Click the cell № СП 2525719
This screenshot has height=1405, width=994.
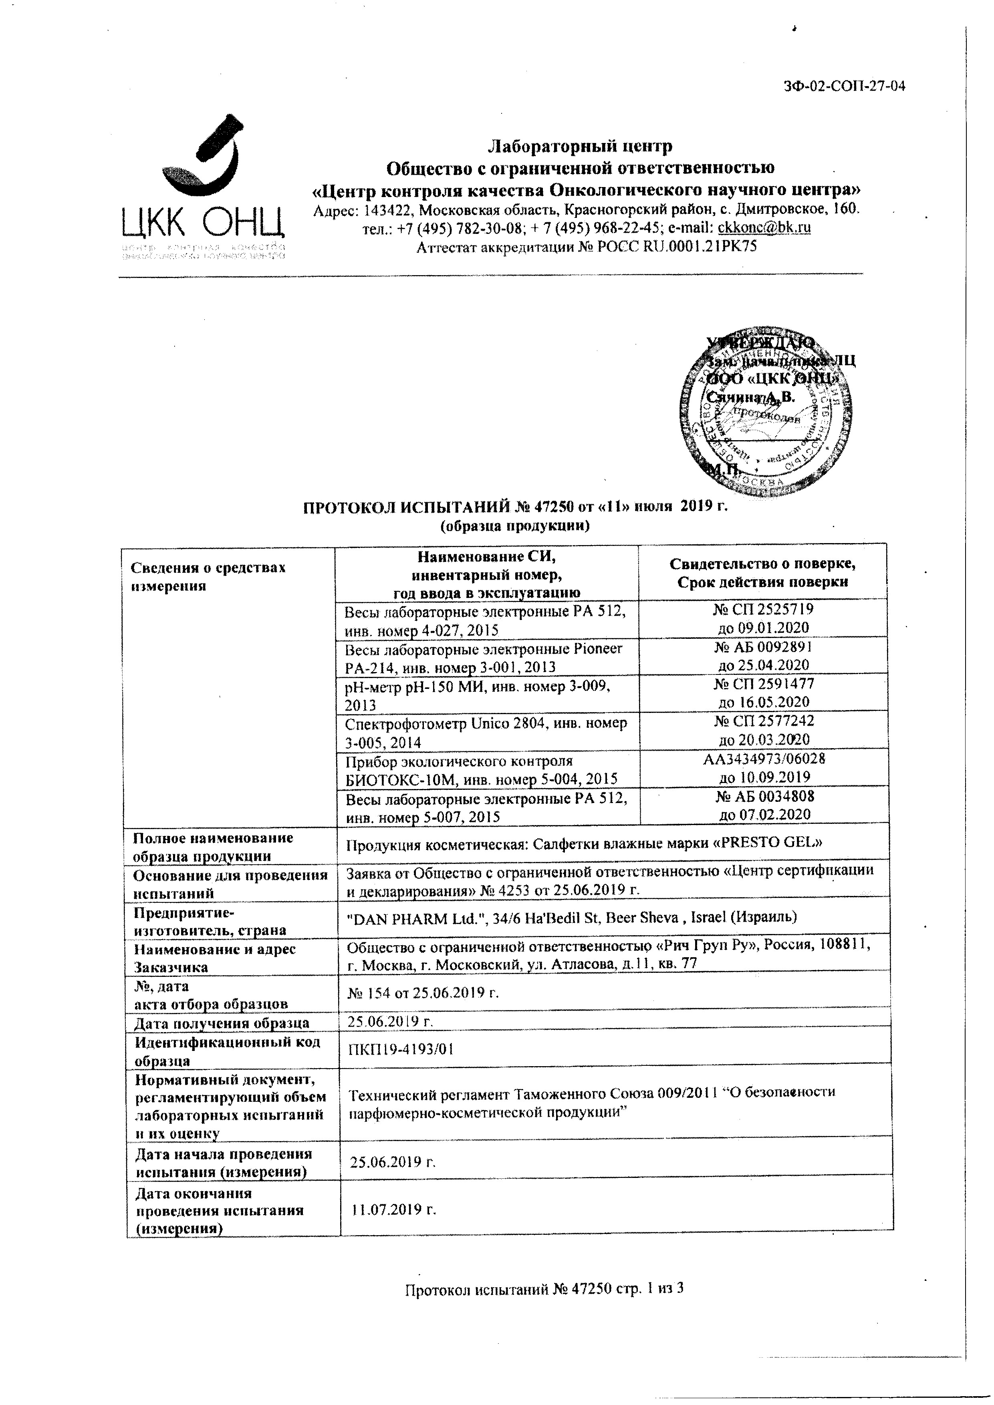tap(763, 618)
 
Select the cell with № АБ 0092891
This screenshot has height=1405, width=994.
tap(763, 655)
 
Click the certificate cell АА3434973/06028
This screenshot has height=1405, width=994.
tap(764, 768)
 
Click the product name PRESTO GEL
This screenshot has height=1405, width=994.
tap(773, 843)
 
